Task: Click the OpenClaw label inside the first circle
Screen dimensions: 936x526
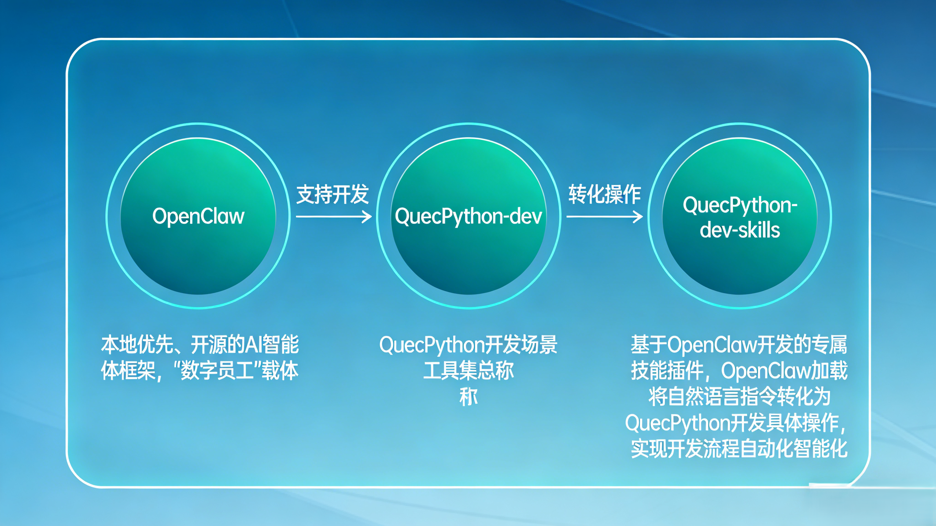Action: pyautogui.click(x=198, y=217)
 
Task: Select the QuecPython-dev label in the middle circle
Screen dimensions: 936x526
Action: pyautogui.click(x=468, y=217)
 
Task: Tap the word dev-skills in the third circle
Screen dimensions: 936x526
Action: pyautogui.click(x=740, y=230)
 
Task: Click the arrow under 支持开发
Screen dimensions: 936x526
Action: pyautogui.click(x=334, y=217)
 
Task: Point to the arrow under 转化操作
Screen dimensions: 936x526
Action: pyautogui.click(x=604, y=217)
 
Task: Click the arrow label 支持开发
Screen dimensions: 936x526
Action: pyautogui.click(x=333, y=194)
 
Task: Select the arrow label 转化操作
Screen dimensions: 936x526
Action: pyautogui.click(x=604, y=194)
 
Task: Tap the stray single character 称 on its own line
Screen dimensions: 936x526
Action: pyautogui.click(x=468, y=397)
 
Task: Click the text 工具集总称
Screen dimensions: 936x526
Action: pyautogui.click(x=468, y=370)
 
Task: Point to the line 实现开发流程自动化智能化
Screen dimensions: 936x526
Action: pyautogui.click(x=739, y=449)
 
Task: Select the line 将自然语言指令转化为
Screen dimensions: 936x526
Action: pyautogui.click(x=739, y=396)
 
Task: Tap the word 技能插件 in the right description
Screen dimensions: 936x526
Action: pyautogui.click(x=667, y=370)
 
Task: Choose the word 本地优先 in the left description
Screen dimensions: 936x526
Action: pyautogui.click(x=137, y=344)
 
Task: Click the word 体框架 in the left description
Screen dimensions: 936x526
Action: pyautogui.click(x=128, y=370)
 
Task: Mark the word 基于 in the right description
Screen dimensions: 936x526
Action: pyautogui.click(x=649, y=344)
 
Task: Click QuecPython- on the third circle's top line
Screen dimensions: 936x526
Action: pyautogui.click(x=740, y=206)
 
